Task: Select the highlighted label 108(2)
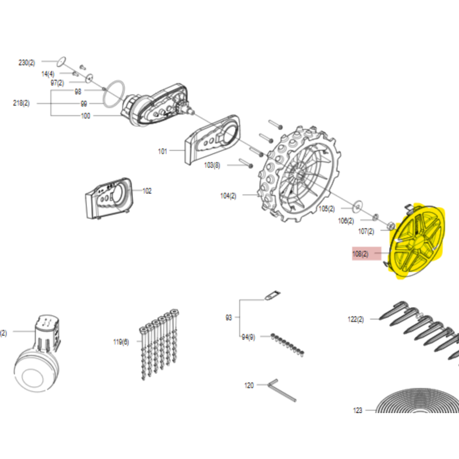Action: [x=361, y=253]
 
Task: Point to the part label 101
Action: [x=162, y=151]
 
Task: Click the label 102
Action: [x=147, y=191]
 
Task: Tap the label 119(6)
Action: [x=121, y=342]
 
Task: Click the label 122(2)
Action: [x=356, y=320]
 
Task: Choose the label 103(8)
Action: [x=212, y=165]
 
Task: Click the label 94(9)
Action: [x=248, y=337]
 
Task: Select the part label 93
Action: [x=229, y=317]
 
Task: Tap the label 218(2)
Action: [x=21, y=103]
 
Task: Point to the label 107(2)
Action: [x=366, y=231]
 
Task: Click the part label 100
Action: [x=85, y=116]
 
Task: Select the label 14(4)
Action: [x=48, y=74]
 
